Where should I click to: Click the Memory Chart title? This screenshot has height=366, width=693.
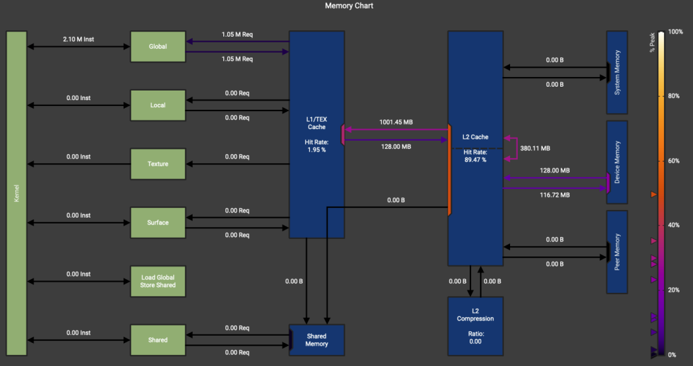[349, 6]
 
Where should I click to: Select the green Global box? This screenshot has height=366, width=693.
[158, 46]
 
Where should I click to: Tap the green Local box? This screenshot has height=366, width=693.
[158, 105]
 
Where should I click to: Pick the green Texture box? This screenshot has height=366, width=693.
[158, 164]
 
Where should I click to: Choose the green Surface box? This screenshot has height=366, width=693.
[158, 223]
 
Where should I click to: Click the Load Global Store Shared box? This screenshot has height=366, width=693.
[158, 281]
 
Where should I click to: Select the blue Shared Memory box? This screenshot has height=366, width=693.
[317, 340]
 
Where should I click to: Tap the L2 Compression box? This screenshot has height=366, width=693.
[475, 326]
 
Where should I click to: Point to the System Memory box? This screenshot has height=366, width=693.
[617, 73]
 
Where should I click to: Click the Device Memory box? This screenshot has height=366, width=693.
[617, 162]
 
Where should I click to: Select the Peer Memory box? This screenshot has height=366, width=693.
[617, 252]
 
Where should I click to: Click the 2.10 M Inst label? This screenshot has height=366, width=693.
[78, 39]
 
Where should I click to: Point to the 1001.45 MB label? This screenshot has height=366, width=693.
[396, 122]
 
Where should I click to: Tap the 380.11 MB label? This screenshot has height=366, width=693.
[535, 148]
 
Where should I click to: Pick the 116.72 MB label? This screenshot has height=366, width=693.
[554, 195]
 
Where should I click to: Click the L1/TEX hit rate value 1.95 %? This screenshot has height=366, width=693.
[316, 150]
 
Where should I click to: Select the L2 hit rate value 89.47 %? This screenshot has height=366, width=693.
[475, 160]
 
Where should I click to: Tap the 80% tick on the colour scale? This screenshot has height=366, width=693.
[674, 96]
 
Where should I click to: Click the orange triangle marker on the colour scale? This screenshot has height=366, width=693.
[654, 195]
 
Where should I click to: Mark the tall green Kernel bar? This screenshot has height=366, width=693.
[16, 193]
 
